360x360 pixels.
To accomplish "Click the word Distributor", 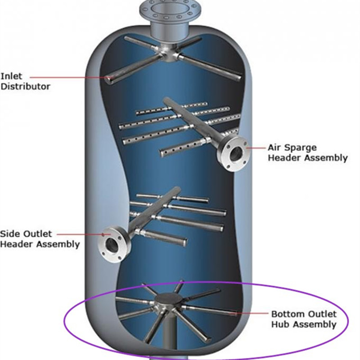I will (x=25, y=86).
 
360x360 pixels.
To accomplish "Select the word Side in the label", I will (x=9, y=234).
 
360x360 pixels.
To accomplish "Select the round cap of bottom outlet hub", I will (x=166, y=300).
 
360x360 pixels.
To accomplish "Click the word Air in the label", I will (x=275, y=148).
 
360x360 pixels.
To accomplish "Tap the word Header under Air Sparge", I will (x=283, y=158).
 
